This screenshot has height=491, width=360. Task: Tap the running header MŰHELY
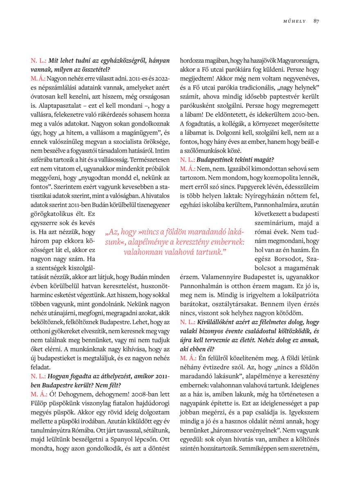pos(294,21)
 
